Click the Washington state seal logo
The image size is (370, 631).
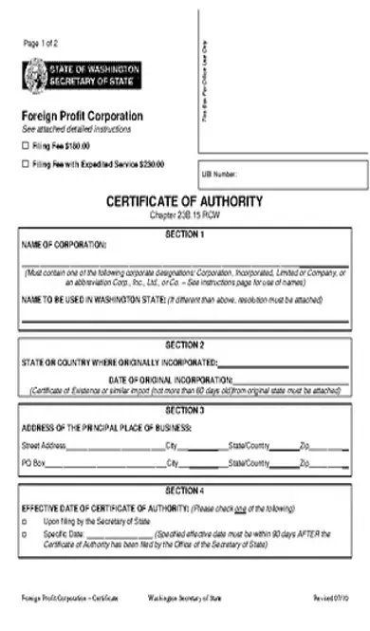point(34,74)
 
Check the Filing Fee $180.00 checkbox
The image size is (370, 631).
point(26,146)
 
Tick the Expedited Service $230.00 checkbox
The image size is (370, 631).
point(26,164)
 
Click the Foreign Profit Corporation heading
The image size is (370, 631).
point(83,116)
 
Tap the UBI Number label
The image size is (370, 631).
point(219,175)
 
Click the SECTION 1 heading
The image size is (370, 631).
point(184,232)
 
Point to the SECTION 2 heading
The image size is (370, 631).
point(184,345)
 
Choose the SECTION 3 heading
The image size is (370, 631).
point(184,410)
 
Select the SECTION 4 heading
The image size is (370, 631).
point(184,491)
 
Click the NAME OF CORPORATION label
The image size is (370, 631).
point(65,244)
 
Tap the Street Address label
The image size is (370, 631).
point(44,444)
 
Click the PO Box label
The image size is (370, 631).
point(34,463)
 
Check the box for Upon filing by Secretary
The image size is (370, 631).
point(26,522)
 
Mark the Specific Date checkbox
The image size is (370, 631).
point(26,534)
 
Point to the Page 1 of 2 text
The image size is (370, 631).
point(42,44)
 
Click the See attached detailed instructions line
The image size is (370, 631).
point(77,128)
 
